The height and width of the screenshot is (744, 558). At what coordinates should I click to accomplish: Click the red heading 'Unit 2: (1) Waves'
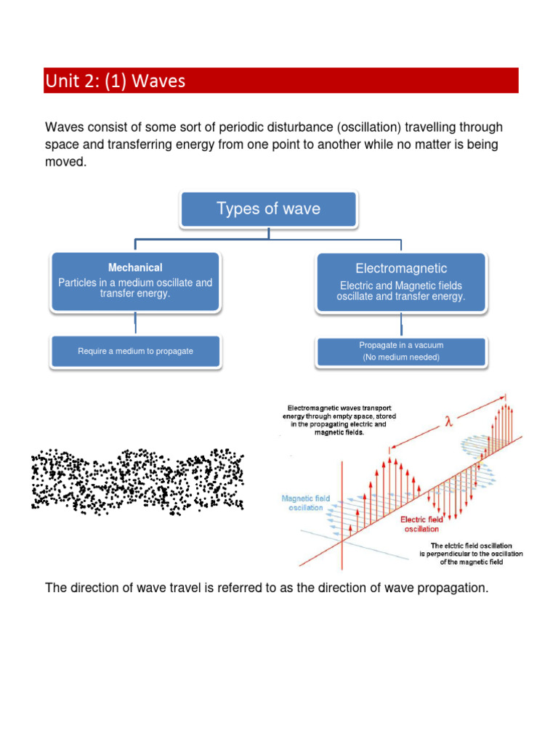click(115, 81)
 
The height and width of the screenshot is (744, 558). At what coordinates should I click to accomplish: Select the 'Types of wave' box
click(268, 209)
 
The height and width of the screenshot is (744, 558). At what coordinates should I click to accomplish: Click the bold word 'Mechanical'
click(135, 268)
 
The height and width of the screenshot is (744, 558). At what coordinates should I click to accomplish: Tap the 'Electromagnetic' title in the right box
click(401, 269)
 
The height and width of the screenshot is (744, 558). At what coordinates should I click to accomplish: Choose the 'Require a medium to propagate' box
click(135, 351)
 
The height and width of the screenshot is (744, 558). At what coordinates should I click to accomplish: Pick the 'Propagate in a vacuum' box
click(401, 345)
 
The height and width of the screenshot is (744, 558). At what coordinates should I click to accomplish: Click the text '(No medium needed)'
click(401, 357)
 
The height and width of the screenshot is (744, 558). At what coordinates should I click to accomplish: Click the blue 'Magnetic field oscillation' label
click(305, 503)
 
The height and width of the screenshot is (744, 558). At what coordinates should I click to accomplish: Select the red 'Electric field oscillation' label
click(421, 524)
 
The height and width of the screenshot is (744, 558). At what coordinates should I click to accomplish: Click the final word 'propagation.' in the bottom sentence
click(453, 587)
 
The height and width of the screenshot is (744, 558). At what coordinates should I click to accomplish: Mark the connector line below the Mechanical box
click(135, 323)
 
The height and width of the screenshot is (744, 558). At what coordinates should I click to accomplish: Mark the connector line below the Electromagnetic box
click(401, 323)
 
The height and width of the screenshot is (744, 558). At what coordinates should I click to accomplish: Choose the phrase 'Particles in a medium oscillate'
click(135, 282)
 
